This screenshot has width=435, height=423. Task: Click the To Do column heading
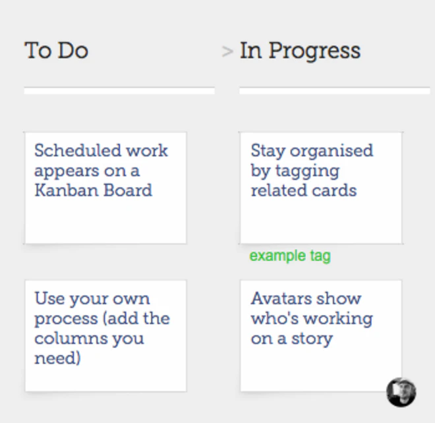tap(57, 51)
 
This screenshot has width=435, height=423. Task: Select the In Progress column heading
tap(300, 51)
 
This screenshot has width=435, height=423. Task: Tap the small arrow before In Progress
tap(227, 51)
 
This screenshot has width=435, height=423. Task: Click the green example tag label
tap(290, 256)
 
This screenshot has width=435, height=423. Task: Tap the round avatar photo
tap(401, 392)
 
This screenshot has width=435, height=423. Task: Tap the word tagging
tap(304, 171)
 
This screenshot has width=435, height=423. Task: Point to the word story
tap(310, 339)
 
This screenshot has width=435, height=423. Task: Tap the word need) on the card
tap(57, 358)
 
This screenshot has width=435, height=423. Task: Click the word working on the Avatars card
tap(336, 319)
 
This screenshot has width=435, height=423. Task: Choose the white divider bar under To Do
tap(119, 91)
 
